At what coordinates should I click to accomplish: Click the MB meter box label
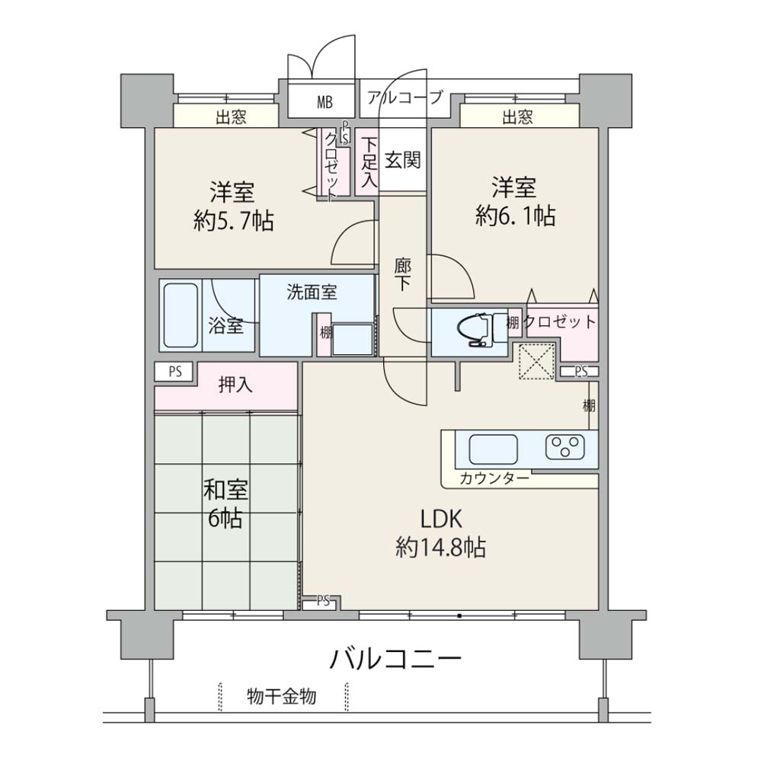[324, 102]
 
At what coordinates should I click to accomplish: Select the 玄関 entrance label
[402, 160]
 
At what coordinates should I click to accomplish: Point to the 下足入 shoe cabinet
[368, 162]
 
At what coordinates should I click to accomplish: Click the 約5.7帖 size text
[233, 221]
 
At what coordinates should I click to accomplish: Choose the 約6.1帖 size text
[515, 216]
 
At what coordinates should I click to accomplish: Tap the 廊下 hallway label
[402, 274]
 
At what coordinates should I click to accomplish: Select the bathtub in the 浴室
[180, 315]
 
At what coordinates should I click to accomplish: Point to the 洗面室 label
[312, 292]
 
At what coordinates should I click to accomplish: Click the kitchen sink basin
[494, 449]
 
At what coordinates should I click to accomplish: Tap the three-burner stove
[564, 446]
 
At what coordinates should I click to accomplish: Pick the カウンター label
[494, 478]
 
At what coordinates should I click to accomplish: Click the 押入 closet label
[235, 385]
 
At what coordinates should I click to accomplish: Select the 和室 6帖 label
[225, 504]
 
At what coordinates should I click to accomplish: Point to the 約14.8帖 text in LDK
[441, 548]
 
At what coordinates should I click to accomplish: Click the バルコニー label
[396, 660]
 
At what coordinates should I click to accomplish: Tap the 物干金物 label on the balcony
[282, 696]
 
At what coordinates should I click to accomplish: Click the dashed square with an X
[537, 361]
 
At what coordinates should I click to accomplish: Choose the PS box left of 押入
[174, 372]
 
